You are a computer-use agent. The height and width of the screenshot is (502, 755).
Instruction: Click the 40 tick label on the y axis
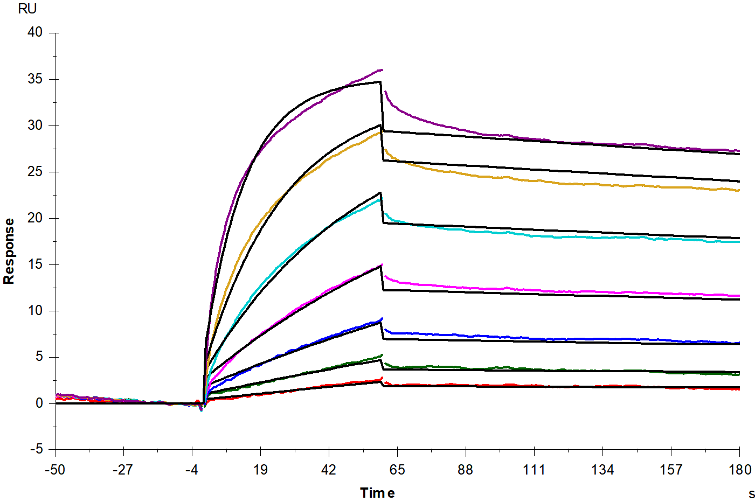pyautogui.click(x=34, y=32)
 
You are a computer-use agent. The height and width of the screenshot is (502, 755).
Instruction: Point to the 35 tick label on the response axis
pyautogui.click(x=34, y=79)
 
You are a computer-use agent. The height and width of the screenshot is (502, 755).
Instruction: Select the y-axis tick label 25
pyautogui.click(x=34, y=171)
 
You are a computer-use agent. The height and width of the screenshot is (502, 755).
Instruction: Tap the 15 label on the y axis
pyautogui.click(x=34, y=264)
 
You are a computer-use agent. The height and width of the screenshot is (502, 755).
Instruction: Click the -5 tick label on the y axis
pyautogui.click(x=37, y=449)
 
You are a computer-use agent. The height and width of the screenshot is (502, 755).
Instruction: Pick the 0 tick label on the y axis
pyautogui.click(x=39, y=403)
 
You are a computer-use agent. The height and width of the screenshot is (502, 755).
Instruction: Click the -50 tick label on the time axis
pyautogui.click(x=55, y=470)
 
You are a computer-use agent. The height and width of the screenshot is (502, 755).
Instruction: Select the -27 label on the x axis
pyautogui.click(x=123, y=470)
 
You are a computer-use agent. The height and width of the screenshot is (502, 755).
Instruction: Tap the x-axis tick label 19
pyautogui.click(x=260, y=470)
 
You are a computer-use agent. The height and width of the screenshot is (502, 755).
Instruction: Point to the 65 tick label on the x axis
pyautogui.click(x=397, y=470)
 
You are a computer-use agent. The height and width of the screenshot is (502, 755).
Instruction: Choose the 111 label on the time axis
pyautogui.click(x=534, y=470)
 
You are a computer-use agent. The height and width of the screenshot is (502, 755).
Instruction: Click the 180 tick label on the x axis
pyautogui.click(x=739, y=470)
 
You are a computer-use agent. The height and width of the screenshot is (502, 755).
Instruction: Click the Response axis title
pyautogui.click(x=9, y=252)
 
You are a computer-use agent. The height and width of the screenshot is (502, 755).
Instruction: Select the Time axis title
pyautogui.click(x=377, y=493)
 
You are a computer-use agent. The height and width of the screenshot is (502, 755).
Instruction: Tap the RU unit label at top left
pyautogui.click(x=27, y=9)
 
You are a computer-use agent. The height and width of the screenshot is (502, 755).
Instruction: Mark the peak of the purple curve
pyautogui.click(x=382, y=70)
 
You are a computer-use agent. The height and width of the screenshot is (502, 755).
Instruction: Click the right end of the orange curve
pyautogui.click(x=739, y=190)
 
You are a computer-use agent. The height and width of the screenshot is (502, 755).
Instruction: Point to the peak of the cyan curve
pyautogui.click(x=382, y=198)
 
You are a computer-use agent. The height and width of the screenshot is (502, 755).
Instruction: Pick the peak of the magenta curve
pyautogui.click(x=382, y=264)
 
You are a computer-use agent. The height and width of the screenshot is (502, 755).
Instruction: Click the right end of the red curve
pyautogui.click(x=739, y=389)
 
